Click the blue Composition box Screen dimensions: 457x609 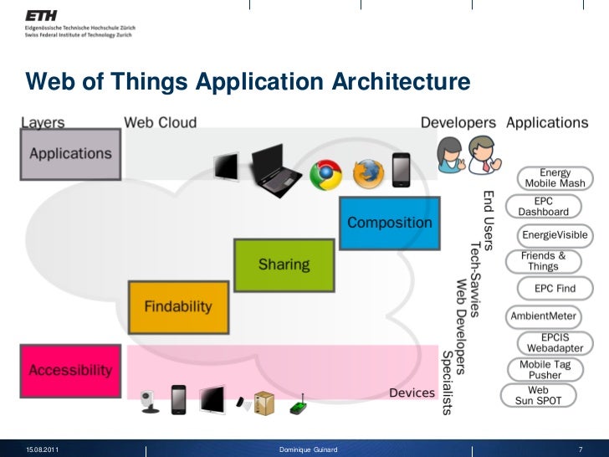pos(390,223)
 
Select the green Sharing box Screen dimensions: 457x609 pos(284,264)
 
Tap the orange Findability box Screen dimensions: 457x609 pos(178,307)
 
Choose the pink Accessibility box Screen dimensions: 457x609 pos(70,369)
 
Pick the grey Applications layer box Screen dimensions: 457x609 pos(70,154)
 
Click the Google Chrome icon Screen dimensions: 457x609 pos(325,174)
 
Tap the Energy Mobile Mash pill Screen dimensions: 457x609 pos(555,177)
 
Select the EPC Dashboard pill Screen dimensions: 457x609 pos(545,207)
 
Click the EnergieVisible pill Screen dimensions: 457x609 pos(555,234)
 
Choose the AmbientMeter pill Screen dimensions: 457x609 pos(544,316)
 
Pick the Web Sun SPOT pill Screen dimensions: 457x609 pos(538,396)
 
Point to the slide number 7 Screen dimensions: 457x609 pos(581,450)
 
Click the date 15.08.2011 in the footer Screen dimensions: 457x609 pos(42,450)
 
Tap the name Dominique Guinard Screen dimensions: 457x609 pos(308,450)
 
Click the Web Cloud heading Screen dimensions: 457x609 pos(161,122)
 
